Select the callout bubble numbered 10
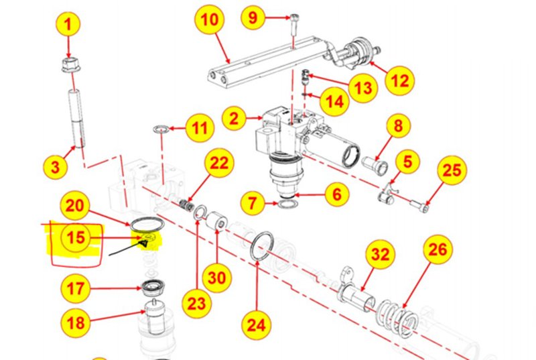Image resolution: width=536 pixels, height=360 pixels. point(209,20)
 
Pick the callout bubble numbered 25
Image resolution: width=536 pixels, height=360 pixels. point(452,171)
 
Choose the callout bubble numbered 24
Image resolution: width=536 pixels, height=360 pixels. point(257,325)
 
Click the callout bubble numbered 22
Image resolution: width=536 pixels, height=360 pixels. point(220,163)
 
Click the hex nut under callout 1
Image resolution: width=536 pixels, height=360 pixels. point(69,65)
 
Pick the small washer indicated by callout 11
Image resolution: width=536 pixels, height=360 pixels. point(160,129)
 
